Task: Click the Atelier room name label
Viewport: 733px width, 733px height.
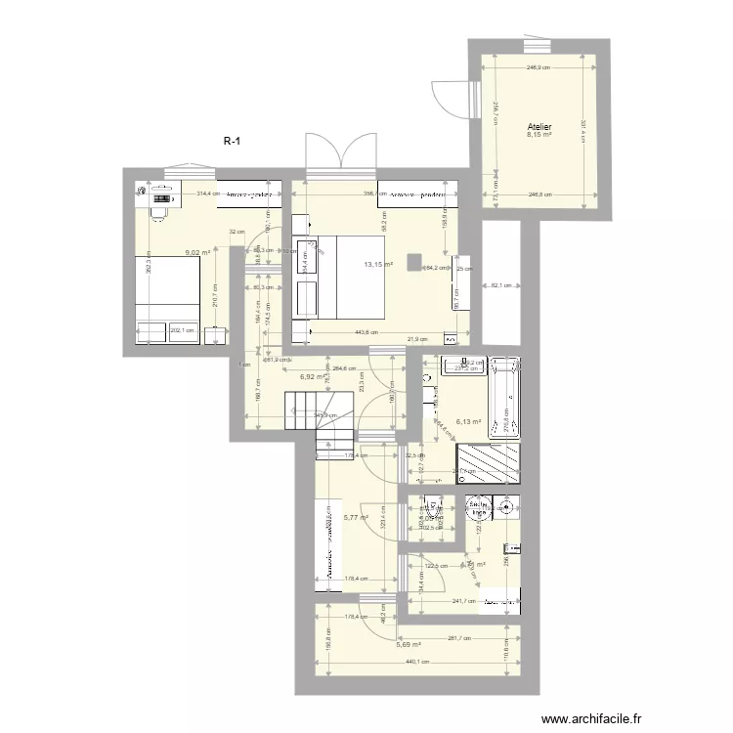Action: point(539,127)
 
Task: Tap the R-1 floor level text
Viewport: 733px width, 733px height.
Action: point(232,142)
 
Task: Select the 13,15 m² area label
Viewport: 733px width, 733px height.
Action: point(378,264)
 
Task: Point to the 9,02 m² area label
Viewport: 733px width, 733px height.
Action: point(198,252)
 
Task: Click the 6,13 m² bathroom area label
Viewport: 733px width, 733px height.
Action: point(469,422)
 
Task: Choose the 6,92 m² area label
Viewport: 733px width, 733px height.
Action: point(312,376)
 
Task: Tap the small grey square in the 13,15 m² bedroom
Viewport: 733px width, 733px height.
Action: point(415,262)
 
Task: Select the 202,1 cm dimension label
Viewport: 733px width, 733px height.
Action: point(182,330)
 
